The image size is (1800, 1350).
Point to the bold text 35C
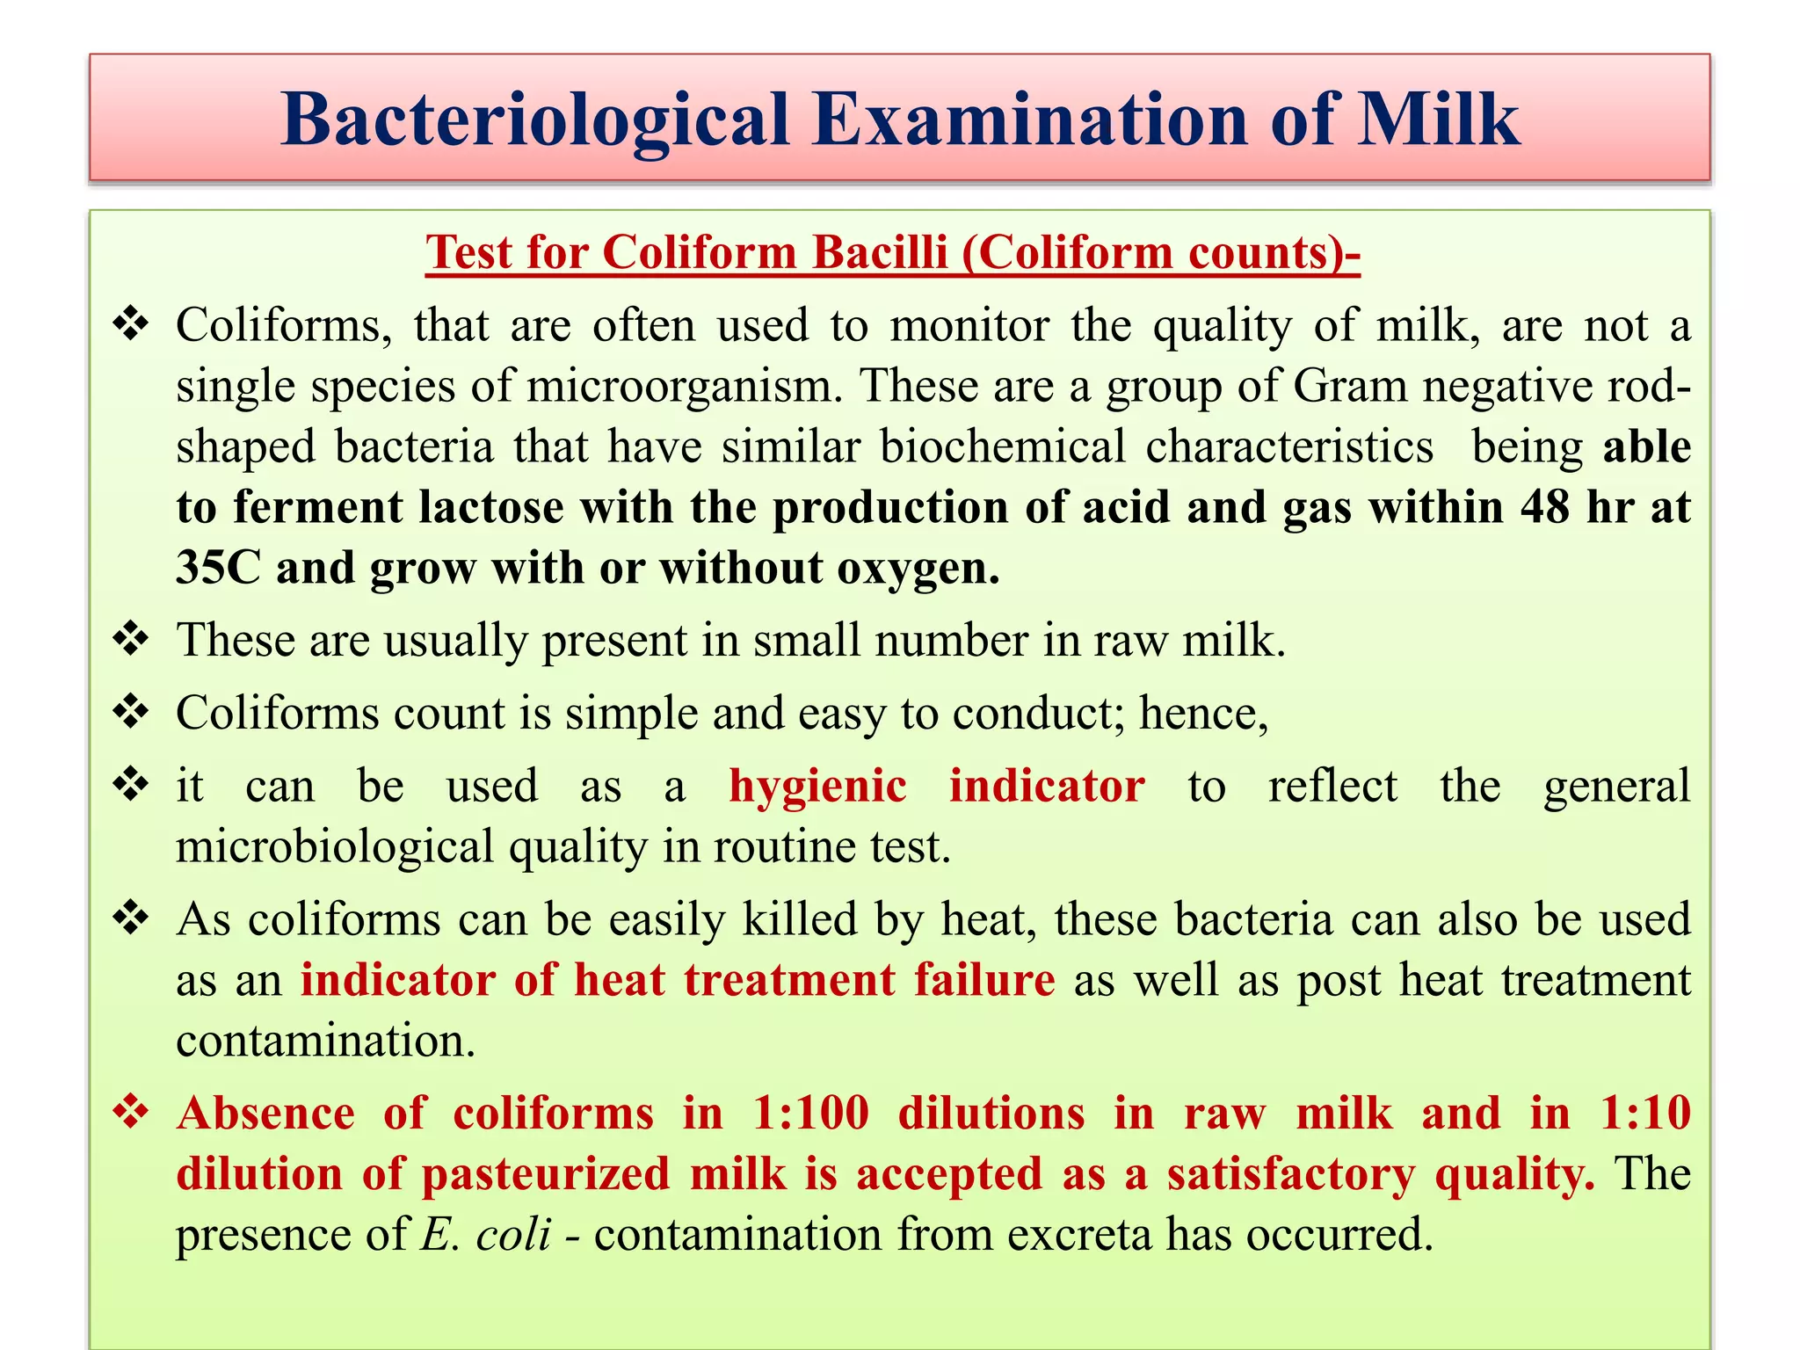pos(218,568)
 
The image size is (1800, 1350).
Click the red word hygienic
pos(817,786)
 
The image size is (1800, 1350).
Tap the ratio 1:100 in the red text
pos(811,1114)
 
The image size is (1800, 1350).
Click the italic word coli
pos(513,1234)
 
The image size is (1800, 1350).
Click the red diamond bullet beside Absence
pos(131,1113)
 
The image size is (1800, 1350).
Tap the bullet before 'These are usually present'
pos(131,639)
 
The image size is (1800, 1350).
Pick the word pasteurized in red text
pos(546,1175)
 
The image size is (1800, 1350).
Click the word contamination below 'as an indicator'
pos(325,1042)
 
